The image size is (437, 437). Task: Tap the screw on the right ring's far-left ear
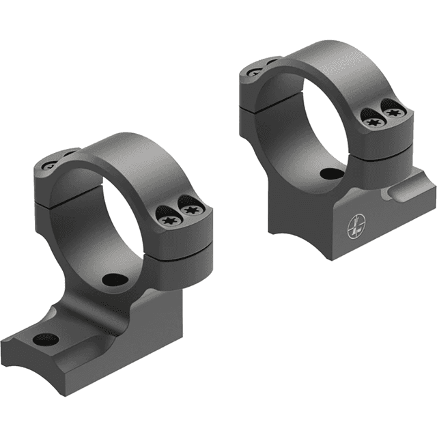coord(254,70)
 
